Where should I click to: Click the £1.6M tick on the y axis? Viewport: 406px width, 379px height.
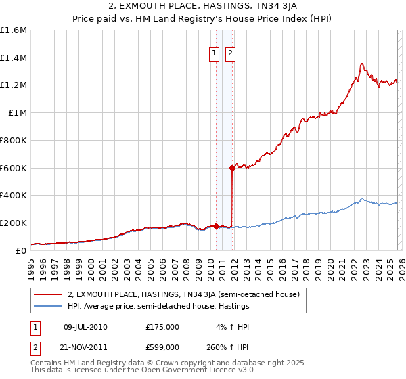click(14, 30)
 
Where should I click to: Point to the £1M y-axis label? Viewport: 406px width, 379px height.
click(18, 113)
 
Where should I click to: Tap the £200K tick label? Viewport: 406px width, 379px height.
click(14, 223)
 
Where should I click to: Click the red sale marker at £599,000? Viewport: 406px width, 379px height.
click(232, 167)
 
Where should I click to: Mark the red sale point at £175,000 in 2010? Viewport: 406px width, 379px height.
click(216, 226)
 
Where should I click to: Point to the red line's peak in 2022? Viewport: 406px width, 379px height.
click(362, 64)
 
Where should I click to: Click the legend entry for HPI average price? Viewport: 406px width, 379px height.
click(158, 307)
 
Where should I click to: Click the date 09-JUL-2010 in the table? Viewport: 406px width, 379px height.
click(85, 327)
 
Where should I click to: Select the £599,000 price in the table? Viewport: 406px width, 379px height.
click(162, 347)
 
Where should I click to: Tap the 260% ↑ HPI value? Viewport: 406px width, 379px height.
click(225, 347)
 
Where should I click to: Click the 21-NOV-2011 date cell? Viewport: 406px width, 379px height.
click(85, 347)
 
